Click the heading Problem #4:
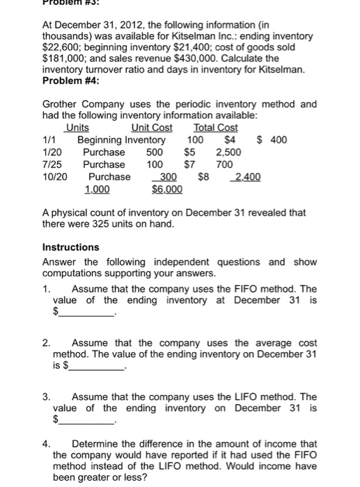click(71, 81)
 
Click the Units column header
click(77, 128)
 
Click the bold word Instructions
click(71, 247)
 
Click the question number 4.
click(46, 444)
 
